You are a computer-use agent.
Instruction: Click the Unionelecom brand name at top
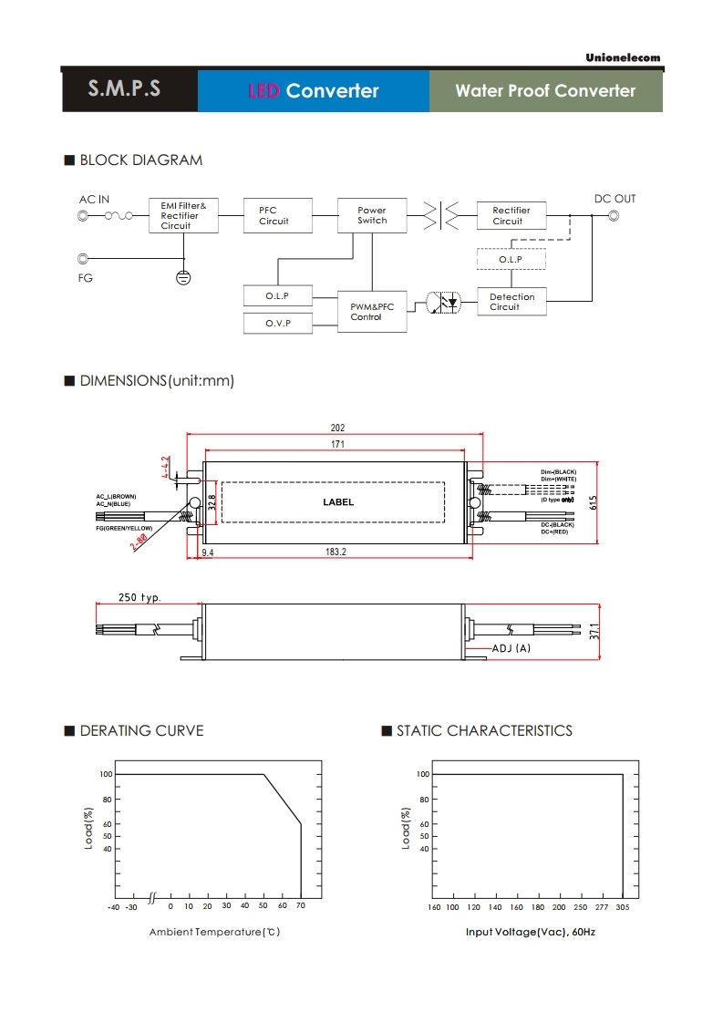[x=623, y=58]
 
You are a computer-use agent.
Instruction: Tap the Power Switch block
[x=372, y=215]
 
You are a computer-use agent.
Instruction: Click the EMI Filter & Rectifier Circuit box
[x=183, y=216]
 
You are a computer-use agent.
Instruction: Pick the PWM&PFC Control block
[x=372, y=312]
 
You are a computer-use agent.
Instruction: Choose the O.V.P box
[x=278, y=324]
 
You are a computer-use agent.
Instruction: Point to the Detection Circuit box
[x=511, y=302]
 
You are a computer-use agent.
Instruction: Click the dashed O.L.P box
[x=511, y=260]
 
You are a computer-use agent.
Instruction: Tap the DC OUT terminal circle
[x=614, y=216]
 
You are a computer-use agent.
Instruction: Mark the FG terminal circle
[x=85, y=259]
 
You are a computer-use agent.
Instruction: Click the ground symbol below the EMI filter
[x=183, y=276]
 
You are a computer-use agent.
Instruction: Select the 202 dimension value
[x=337, y=428]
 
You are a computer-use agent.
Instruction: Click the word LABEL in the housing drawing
[x=338, y=502]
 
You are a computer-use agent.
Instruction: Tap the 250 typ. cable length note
[x=139, y=598]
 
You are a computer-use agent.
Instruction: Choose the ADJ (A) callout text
[x=511, y=648]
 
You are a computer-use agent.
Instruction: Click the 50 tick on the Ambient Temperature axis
[x=263, y=906]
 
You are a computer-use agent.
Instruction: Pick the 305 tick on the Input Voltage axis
[x=623, y=907]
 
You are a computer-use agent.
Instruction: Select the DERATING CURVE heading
[x=141, y=730]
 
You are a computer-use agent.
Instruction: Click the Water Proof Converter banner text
[x=545, y=90]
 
